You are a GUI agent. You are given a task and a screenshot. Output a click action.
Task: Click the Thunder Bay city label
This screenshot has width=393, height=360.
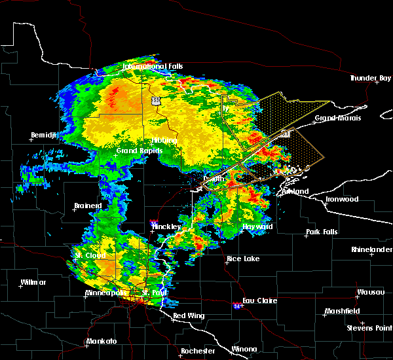370,78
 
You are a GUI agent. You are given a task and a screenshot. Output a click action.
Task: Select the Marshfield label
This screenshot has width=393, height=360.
341,311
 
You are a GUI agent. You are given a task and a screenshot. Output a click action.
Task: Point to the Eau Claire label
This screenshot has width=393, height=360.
261,301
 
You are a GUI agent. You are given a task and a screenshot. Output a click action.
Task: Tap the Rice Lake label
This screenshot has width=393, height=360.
242,259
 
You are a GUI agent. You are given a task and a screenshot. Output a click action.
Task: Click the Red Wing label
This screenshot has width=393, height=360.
188,316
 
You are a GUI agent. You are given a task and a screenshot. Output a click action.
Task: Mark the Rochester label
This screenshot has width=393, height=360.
197,351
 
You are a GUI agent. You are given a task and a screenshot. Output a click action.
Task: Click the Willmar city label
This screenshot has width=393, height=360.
33,282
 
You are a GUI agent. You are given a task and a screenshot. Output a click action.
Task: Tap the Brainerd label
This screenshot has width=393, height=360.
87,206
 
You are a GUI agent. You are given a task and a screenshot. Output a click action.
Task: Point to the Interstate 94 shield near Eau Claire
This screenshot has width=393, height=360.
237,305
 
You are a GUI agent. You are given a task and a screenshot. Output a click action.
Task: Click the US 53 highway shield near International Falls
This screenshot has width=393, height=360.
155,101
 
